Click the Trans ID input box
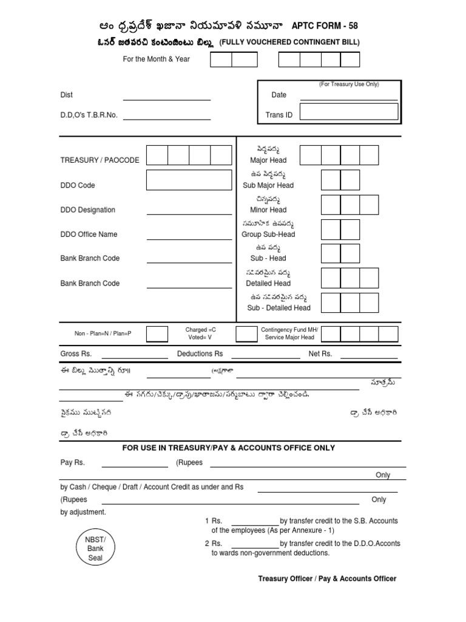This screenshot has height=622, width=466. coord(349,112)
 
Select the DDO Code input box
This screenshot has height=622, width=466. coord(189,180)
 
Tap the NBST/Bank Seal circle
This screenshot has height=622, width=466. coord(95,549)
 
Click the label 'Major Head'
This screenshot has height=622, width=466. coord(268,160)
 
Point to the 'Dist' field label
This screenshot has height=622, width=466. coord(66,95)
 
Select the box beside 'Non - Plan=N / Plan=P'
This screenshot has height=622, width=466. coord(157,333)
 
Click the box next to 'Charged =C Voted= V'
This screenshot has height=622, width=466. coord(246,333)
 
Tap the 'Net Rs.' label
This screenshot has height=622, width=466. coord(320,354)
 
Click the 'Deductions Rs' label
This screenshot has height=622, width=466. coord(200,354)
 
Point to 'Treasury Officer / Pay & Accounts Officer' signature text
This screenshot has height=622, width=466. coord(327,579)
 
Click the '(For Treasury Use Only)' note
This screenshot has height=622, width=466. coord(349,84)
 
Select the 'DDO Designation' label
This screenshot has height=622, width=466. coord(87,210)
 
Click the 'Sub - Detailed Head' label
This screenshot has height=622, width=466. coord(279,308)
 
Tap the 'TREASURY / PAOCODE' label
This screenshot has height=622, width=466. coord(100,160)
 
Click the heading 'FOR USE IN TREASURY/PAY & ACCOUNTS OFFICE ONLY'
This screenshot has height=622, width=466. coord(228,448)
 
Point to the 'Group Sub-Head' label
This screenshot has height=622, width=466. coord(268,234)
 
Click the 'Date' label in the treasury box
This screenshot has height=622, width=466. coord(279,95)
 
